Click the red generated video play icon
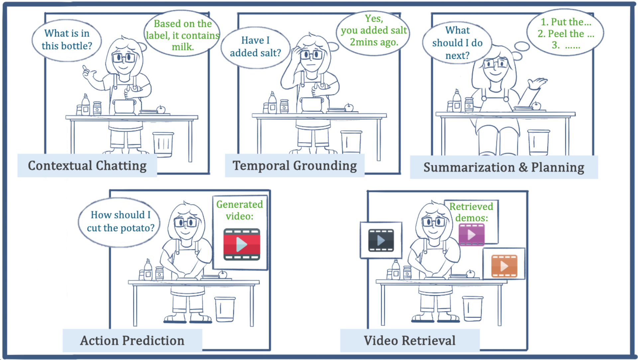click(242, 244)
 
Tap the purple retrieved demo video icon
click(472, 235)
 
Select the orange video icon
click(504, 266)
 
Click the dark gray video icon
click(381, 240)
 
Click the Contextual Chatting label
click(87, 166)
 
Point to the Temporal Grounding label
click(295, 166)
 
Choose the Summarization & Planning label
click(504, 167)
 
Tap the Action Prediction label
click(132, 340)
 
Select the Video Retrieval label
click(410, 340)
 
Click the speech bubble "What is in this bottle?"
click(67, 40)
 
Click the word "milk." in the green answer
click(183, 47)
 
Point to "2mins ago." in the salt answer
click(374, 42)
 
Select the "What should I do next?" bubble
click(457, 43)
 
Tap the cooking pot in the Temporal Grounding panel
click(312, 104)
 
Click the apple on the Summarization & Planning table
click(536, 106)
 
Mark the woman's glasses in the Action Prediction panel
click(185, 222)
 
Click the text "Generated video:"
click(240, 210)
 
